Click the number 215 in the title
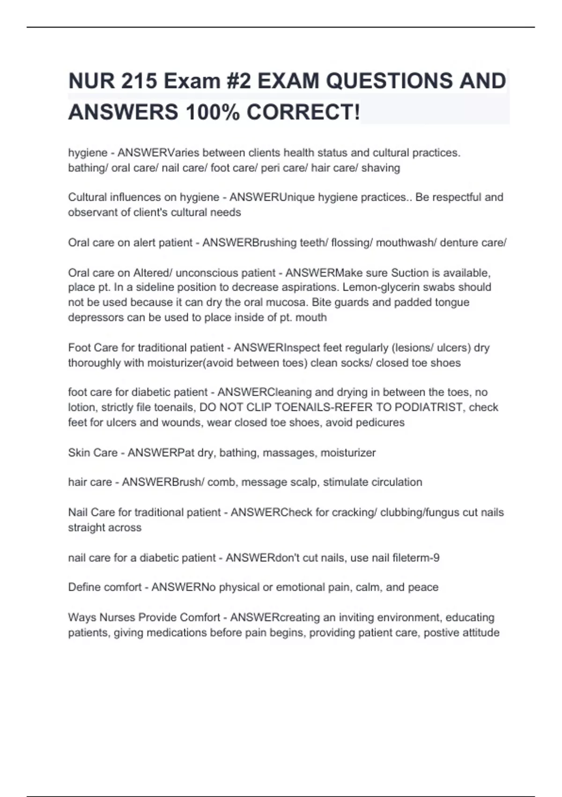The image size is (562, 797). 139,81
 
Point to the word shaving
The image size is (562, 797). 381,168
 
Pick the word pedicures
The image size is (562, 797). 380,422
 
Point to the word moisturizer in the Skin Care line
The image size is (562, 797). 348,453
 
